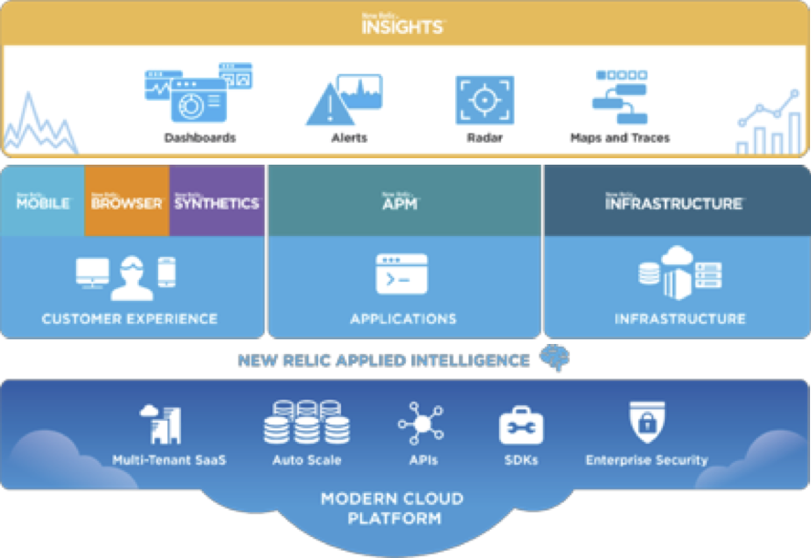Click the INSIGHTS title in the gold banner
point(402,25)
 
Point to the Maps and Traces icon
point(619,96)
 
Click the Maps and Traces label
point(620,138)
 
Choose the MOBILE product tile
point(43,202)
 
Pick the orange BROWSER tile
point(127,202)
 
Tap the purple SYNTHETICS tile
point(217,202)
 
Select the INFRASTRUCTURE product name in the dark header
point(674,202)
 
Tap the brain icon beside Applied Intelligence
point(552,359)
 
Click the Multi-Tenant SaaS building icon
point(161,424)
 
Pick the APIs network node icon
point(421,424)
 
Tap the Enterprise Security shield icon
point(646,424)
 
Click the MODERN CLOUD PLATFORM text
point(392,509)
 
